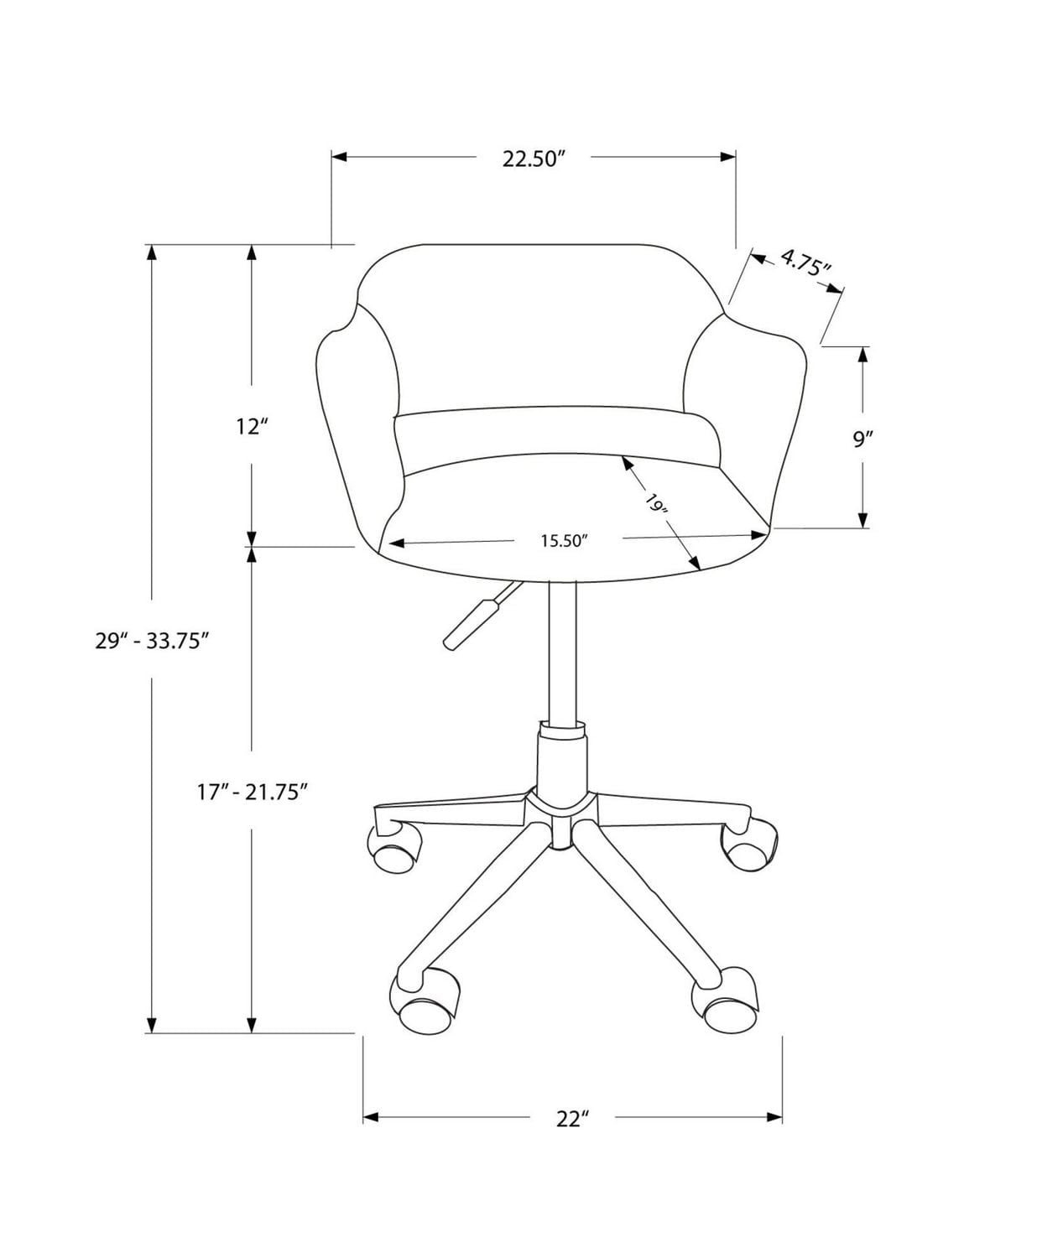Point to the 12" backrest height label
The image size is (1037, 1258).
pyautogui.click(x=251, y=427)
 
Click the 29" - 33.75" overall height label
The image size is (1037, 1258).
pyautogui.click(x=151, y=641)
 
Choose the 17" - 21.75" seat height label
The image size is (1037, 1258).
pyautogui.click(x=248, y=791)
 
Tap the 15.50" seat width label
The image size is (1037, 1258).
pyautogui.click(x=561, y=541)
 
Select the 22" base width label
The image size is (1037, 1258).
pyautogui.click(x=572, y=1118)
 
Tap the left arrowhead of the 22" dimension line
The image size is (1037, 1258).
pyautogui.click(x=370, y=1117)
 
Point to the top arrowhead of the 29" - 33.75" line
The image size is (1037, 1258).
pyautogui.click(x=151, y=252)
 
